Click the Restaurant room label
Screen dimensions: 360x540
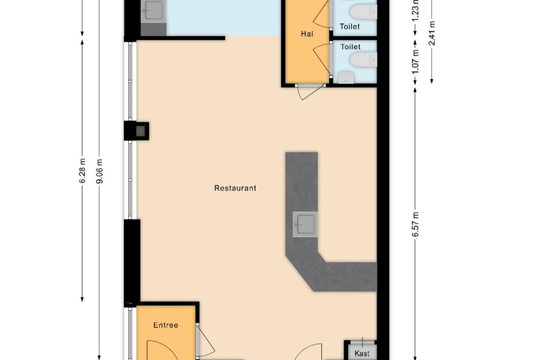coord(235,188)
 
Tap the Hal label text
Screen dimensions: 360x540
coord(307,34)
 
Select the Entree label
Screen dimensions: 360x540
coord(165,325)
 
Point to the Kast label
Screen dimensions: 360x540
coord(361,353)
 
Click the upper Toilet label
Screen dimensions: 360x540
coord(350,27)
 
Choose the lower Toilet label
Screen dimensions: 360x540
coord(350,47)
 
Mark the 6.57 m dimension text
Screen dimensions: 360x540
coord(416,224)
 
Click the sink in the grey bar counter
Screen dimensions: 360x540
coord(304,224)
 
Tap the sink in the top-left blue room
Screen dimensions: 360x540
coord(152,10)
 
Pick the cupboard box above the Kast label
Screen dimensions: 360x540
coord(361,343)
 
